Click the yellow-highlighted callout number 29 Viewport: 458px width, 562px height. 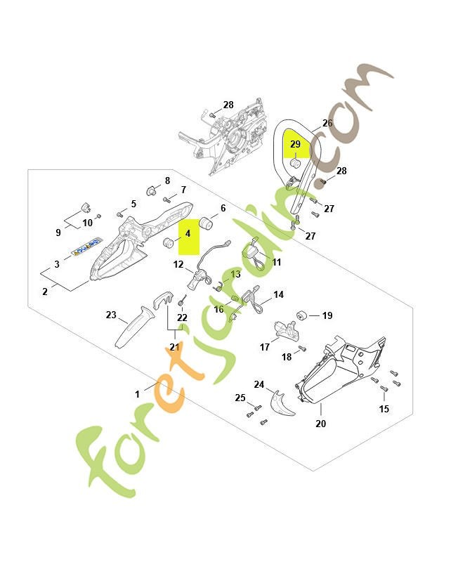(295, 144)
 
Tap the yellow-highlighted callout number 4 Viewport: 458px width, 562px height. (188, 234)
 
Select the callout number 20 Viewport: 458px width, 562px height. (321, 424)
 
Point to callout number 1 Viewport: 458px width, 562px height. (137, 394)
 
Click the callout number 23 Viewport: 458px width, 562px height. (111, 315)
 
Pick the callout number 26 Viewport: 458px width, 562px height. (327, 123)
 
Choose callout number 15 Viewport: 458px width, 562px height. (384, 409)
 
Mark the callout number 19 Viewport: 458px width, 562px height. (327, 315)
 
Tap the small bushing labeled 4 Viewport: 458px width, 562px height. (168, 242)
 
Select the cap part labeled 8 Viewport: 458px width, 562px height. (152, 190)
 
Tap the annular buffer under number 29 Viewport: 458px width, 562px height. (295, 164)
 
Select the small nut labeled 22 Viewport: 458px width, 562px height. (181, 304)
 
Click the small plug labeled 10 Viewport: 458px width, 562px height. (99, 216)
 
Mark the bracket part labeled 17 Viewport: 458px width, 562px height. (287, 331)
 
